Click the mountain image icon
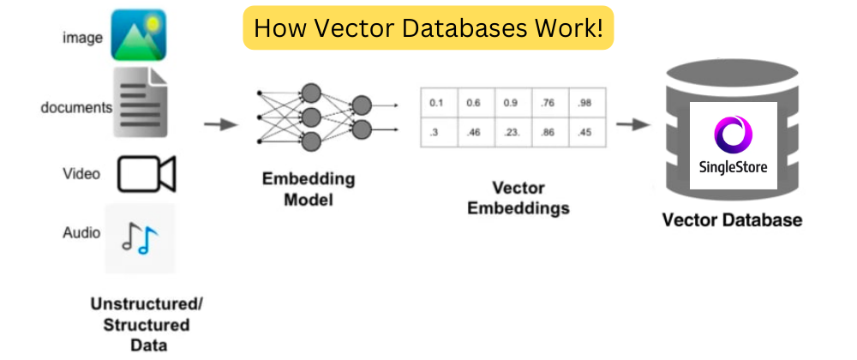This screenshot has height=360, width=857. [138, 36]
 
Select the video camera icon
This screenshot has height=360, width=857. [146, 174]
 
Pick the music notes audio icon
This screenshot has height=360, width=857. [140, 237]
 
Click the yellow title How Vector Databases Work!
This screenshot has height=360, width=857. [428, 28]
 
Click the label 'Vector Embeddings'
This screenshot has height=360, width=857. [518, 197]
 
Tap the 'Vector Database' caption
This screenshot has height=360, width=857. [732, 220]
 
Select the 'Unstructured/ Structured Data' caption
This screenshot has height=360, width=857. [142, 325]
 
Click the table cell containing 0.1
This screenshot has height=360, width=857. [437, 104]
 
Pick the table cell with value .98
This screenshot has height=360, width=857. [584, 104]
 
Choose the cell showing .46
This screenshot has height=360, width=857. [474, 133]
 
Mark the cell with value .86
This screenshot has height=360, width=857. [548, 133]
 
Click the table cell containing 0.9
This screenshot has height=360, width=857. [511, 104]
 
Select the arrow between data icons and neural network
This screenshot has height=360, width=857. [220, 124]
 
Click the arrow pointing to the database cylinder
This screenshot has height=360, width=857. [632, 124]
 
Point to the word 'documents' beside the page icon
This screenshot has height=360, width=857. [76, 108]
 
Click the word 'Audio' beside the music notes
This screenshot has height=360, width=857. [81, 232]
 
